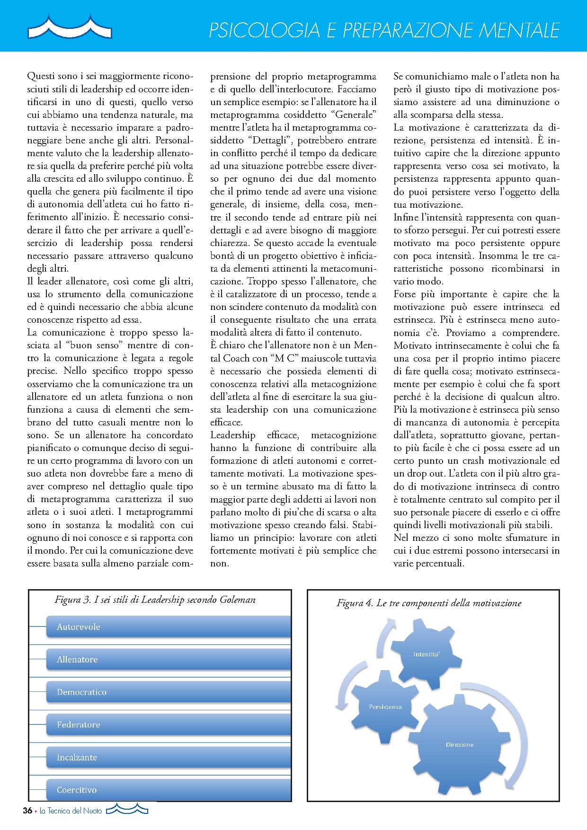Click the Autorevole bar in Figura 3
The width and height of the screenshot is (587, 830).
tap(168, 627)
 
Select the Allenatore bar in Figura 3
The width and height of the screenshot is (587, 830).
tap(168, 659)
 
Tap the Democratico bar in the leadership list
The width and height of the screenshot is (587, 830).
tap(168, 692)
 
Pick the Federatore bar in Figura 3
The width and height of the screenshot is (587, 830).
tap(168, 724)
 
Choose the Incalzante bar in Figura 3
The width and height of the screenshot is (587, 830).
tap(168, 757)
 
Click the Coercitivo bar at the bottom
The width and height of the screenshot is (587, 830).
tap(168, 790)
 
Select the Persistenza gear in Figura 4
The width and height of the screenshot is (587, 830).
tap(385, 707)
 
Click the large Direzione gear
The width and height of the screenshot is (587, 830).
tap(459, 745)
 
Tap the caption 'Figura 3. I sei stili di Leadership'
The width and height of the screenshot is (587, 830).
tap(155, 600)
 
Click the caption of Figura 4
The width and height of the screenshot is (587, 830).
tap(429, 603)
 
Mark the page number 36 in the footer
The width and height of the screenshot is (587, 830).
tap(27, 811)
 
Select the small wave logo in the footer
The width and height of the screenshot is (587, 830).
tap(127, 810)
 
